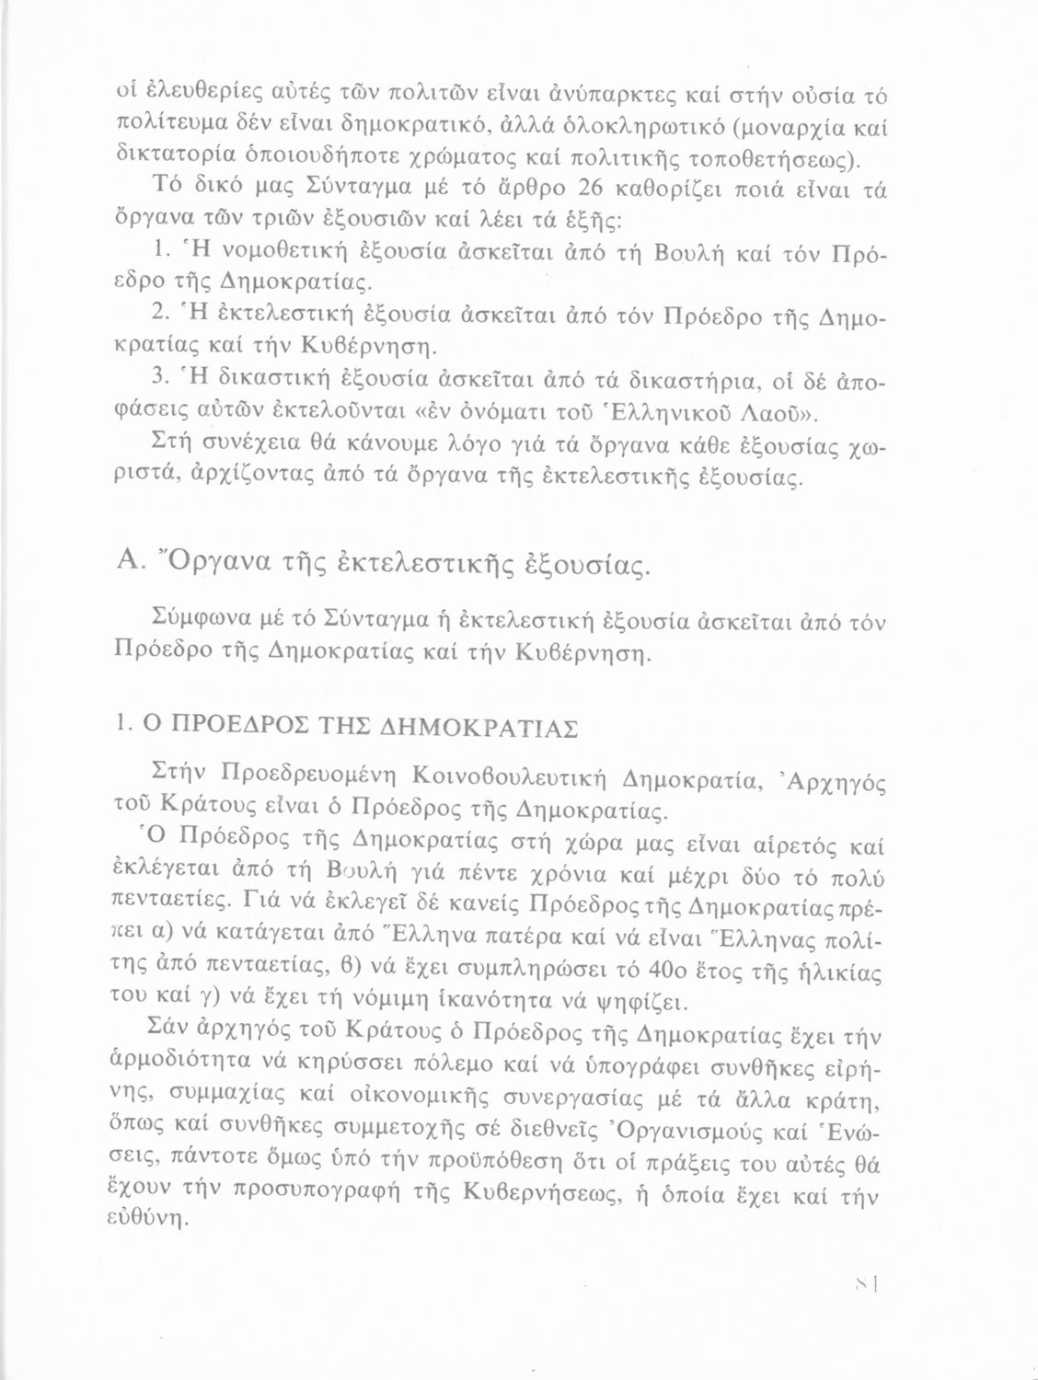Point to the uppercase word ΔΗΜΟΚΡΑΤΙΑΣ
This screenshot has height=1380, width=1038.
[x=479, y=728]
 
